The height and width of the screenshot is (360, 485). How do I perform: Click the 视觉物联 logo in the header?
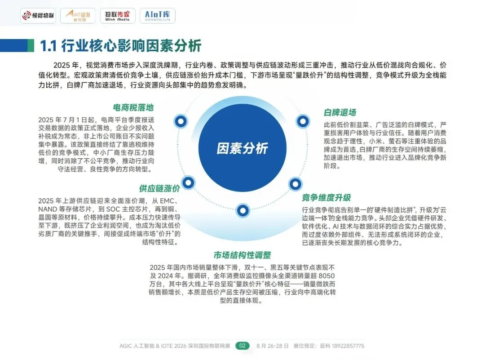38,16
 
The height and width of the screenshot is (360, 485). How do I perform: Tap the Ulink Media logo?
117,16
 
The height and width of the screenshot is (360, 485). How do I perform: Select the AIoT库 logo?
157,16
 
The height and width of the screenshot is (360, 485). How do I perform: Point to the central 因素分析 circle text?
242,149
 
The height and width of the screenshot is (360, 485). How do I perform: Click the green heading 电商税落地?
133,108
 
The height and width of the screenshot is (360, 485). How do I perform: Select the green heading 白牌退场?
340,112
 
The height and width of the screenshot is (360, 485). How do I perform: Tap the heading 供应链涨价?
159,188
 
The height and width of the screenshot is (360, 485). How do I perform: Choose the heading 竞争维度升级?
326,197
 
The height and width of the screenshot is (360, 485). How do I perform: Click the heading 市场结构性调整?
242,255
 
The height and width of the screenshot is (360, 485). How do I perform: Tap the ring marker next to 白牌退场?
303,120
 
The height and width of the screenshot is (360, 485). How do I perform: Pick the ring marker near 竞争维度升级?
295,183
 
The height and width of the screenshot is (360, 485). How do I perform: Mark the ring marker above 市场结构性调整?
242,209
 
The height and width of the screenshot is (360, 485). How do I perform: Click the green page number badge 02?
242,346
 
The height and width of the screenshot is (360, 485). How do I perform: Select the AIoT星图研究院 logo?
78,16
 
